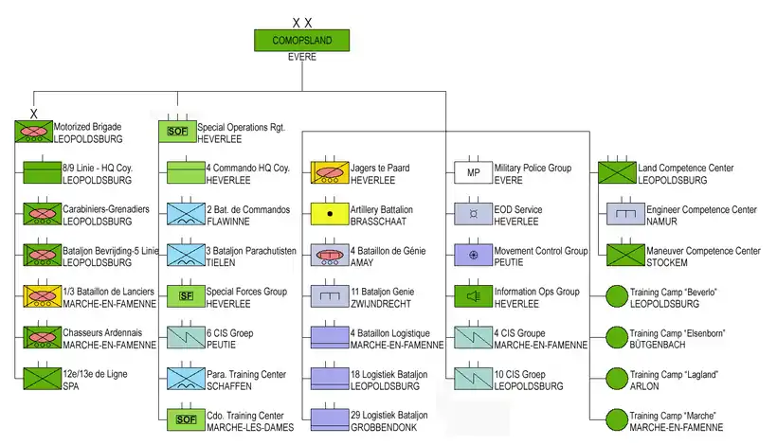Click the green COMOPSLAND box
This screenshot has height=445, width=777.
pyautogui.click(x=301, y=41)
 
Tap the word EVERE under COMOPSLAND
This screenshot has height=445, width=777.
pyautogui.click(x=301, y=58)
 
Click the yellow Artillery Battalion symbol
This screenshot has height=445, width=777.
pyautogui.click(x=329, y=214)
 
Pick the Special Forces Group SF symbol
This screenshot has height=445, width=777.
pyautogui.click(x=186, y=296)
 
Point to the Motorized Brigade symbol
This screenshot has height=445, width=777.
pyautogui.click(x=33, y=132)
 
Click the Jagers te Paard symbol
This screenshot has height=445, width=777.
pyautogui.click(x=329, y=172)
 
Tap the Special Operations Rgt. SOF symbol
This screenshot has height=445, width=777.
pyautogui.click(x=176, y=132)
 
